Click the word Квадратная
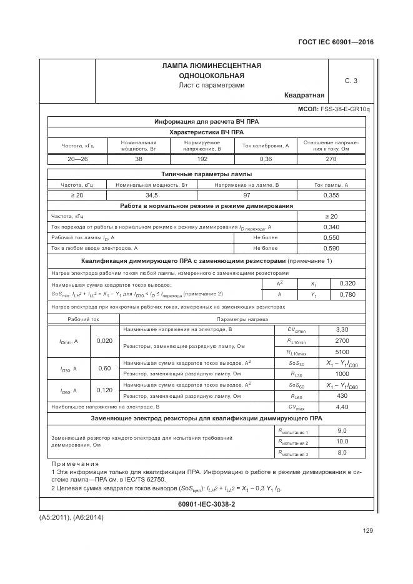click(304, 96)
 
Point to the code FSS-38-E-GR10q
click(345, 109)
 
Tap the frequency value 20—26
click(77, 160)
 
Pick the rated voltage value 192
click(201, 160)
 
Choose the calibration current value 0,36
click(265, 160)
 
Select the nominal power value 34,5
click(152, 195)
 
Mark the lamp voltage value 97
click(246, 195)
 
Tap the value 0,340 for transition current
click(331, 227)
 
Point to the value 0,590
click(331, 248)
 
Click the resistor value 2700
click(342, 340)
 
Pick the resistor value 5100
click(342, 351)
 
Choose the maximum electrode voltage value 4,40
click(342, 407)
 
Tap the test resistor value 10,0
click(342, 442)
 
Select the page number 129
click(367, 532)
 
